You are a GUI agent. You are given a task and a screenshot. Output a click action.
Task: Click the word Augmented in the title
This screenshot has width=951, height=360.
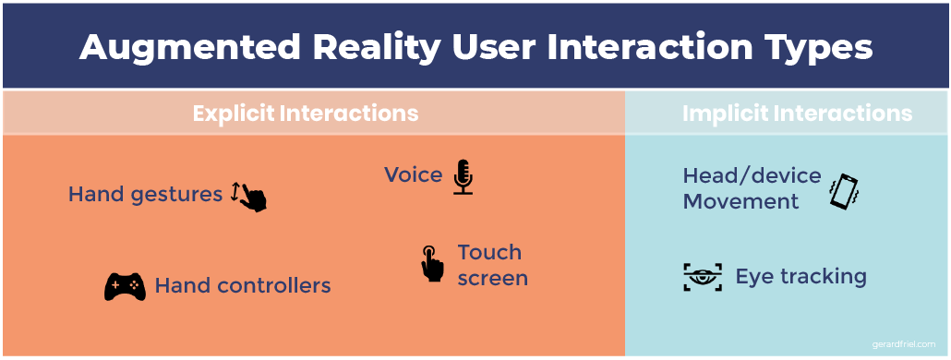point(190,48)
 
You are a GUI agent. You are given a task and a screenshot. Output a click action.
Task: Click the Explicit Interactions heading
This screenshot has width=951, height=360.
point(306,114)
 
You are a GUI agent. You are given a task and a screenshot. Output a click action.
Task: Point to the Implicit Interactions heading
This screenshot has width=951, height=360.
point(797,114)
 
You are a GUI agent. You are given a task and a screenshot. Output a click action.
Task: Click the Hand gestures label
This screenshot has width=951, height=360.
point(146,195)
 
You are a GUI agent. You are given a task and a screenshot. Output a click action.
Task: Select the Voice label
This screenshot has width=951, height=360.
point(413,174)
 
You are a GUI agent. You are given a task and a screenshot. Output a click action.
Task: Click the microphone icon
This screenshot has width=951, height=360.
point(463,176)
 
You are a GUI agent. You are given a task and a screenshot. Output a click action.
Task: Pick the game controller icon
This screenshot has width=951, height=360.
point(125,287)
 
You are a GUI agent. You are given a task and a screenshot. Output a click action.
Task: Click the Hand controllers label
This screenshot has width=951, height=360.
point(243,285)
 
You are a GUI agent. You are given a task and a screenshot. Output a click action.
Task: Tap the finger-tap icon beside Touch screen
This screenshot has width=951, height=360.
point(432,263)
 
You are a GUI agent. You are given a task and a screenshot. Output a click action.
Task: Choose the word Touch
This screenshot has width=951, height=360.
point(489,251)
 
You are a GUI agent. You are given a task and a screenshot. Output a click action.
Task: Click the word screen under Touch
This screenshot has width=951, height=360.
point(492,278)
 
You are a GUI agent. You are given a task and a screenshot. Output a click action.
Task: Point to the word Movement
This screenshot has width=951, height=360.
point(741,201)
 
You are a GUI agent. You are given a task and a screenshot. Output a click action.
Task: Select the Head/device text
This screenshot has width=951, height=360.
point(752,175)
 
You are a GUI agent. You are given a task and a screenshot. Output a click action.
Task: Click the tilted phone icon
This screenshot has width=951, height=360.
point(845,191)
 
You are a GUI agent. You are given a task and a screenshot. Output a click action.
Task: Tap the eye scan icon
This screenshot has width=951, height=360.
point(703,277)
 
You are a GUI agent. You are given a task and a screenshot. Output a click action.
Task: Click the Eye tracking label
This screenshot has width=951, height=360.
point(801,277)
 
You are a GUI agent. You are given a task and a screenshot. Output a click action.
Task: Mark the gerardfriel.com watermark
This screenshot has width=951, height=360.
point(904,344)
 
